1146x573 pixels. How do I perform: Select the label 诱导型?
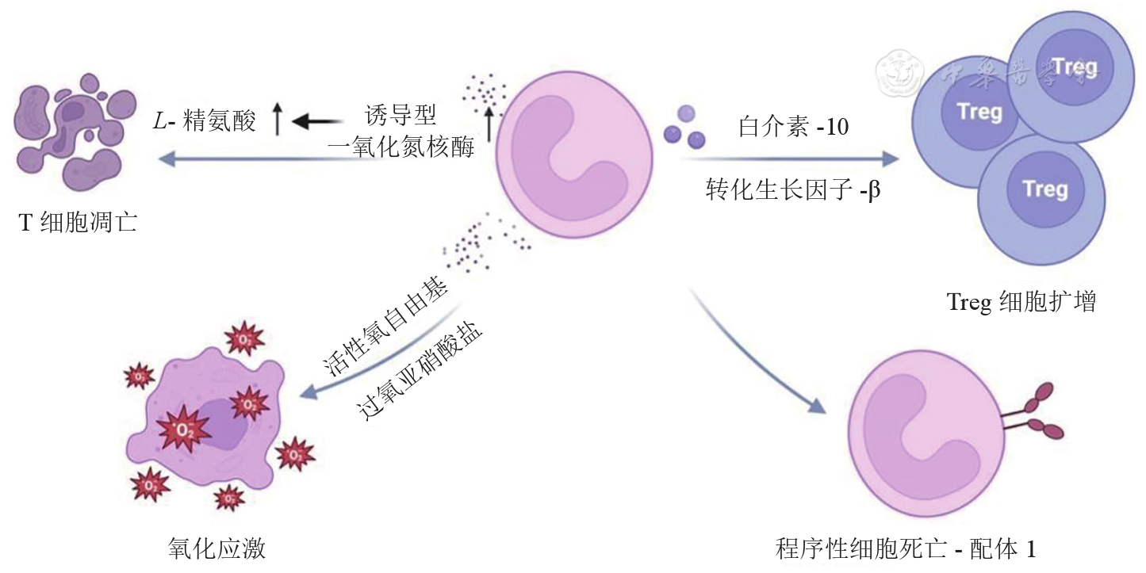point(401,116)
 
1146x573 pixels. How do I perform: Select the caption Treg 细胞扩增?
point(1021,302)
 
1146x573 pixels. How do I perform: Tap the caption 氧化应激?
point(205,548)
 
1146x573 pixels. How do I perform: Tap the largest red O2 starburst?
point(183,430)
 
